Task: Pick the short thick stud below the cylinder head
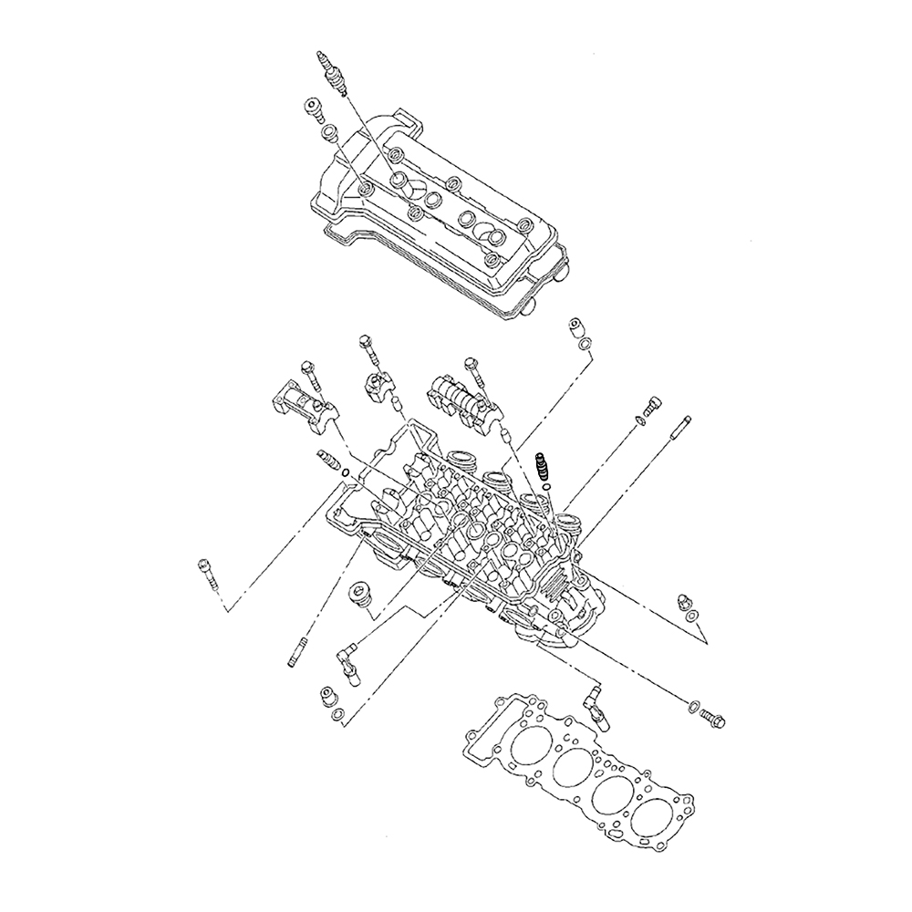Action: point(295,653)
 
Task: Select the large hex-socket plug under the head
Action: point(363,595)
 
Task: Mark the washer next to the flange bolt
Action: point(692,707)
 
